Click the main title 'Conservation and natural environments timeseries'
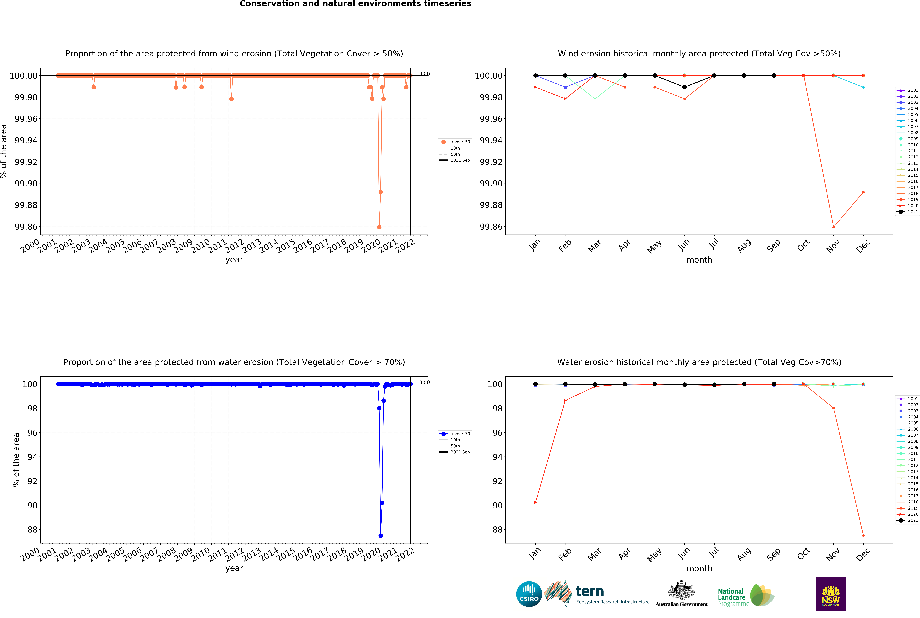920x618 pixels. (x=355, y=4)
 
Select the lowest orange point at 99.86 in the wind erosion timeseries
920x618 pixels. (x=379, y=227)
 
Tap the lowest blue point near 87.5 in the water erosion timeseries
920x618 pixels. (x=381, y=536)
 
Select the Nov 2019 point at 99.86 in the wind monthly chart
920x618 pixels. (x=833, y=227)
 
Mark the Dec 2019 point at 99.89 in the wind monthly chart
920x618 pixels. (x=863, y=192)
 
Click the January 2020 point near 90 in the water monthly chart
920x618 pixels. (x=535, y=503)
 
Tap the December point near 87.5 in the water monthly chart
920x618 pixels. (x=863, y=536)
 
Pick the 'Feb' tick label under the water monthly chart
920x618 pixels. (x=565, y=555)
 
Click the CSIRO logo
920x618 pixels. (x=529, y=594)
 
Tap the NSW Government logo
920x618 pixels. (x=830, y=594)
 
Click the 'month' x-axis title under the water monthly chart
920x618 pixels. (x=699, y=568)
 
